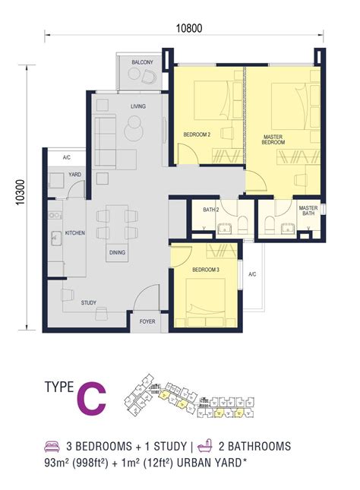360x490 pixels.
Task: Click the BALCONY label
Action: pos(142,62)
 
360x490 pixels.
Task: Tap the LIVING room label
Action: pos(137,106)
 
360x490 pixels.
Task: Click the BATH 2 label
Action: pos(210,210)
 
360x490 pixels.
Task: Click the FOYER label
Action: pos(148,321)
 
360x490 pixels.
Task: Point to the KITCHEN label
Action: pos(74,232)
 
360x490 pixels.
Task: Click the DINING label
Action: pos(118,253)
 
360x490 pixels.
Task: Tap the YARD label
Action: pos(75,174)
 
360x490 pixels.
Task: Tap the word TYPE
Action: pos(59,389)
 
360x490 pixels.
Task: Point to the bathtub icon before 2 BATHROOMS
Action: pos(203,446)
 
